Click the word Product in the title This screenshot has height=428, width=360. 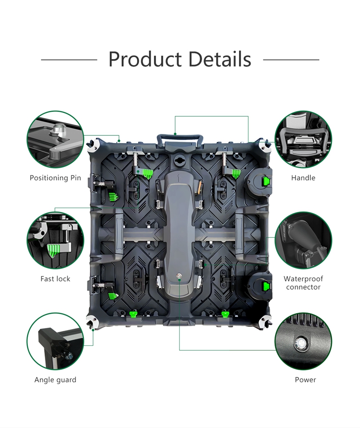(x=145, y=59)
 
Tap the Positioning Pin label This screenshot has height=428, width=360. (x=55, y=178)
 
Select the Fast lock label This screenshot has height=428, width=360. (x=55, y=279)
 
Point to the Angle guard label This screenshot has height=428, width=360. (x=55, y=380)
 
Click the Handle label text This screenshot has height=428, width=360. (x=303, y=178)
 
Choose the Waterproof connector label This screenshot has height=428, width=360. (x=303, y=283)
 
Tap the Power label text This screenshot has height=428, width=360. (x=305, y=380)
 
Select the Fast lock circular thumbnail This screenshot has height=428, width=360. (x=55, y=240)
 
